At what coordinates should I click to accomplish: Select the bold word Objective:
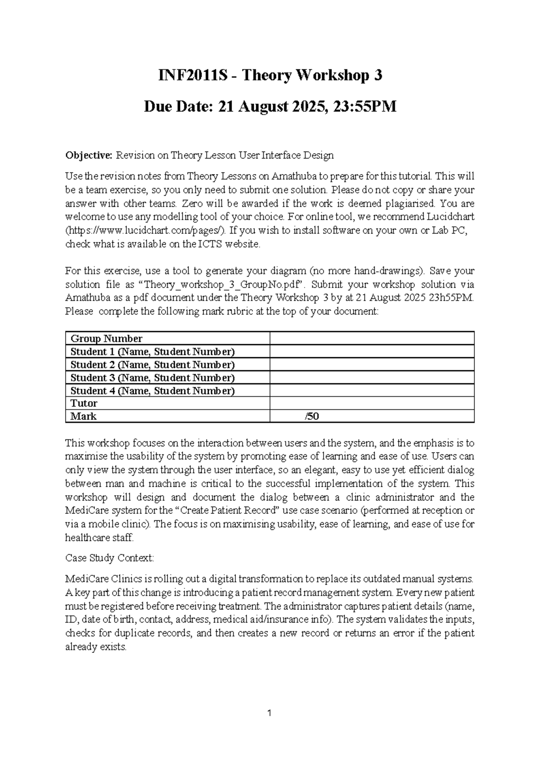click(x=89, y=156)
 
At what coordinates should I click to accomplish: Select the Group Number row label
click(x=107, y=339)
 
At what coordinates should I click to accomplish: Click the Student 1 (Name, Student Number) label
click(x=153, y=351)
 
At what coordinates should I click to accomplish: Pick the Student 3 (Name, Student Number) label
click(x=153, y=377)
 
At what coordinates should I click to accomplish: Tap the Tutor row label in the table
click(x=84, y=403)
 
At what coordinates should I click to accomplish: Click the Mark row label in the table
click(x=84, y=416)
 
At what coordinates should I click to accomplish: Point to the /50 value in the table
click(x=312, y=416)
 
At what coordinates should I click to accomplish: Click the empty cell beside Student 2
click(x=372, y=364)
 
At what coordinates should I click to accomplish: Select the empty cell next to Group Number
click(x=372, y=339)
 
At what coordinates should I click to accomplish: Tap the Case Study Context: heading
click(x=109, y=558)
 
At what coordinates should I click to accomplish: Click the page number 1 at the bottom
click(x=269, y=713)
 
